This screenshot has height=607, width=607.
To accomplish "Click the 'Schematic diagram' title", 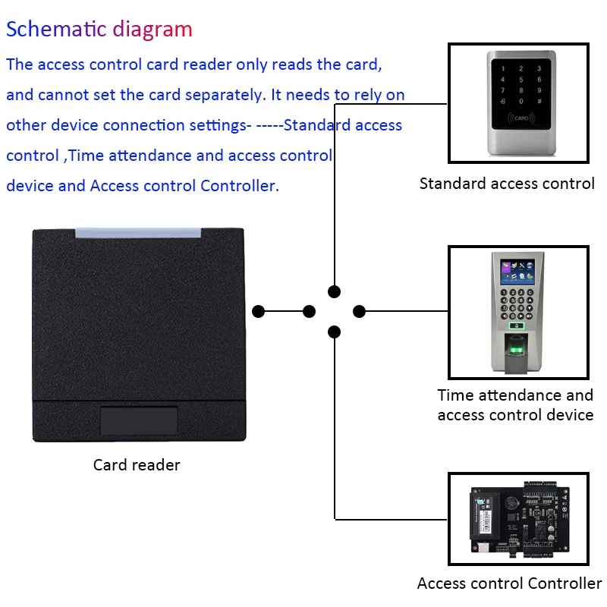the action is coord(99,30).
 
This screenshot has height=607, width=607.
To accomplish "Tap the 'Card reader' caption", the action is coord(137,465).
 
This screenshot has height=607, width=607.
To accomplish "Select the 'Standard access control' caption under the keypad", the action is coord(507,184).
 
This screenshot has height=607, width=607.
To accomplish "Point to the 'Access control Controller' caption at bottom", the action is coord(509,583).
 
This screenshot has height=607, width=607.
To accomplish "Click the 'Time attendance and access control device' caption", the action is coord(516,405).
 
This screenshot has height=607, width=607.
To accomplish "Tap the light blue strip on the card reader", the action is coord(138,233).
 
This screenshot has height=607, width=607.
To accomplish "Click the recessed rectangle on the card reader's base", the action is coord(139,420).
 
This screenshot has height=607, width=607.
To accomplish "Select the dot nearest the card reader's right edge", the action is coord(258,311).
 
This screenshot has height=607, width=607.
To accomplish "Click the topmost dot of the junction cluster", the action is coord(334,291).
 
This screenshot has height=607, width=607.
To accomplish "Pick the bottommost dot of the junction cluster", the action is coord(334,332).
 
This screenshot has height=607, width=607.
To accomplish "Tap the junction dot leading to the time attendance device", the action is coord(359,311).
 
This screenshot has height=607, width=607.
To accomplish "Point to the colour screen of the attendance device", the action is coord(517,272).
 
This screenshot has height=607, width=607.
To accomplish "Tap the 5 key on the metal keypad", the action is coord(521,80).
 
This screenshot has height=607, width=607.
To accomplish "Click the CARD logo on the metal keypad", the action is coord(521,118).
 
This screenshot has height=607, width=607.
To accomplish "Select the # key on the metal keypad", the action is coord(539,102).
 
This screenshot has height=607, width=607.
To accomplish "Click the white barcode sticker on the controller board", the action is coord(484,521).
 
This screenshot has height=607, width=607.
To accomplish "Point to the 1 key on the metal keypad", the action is coord(503,69).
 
